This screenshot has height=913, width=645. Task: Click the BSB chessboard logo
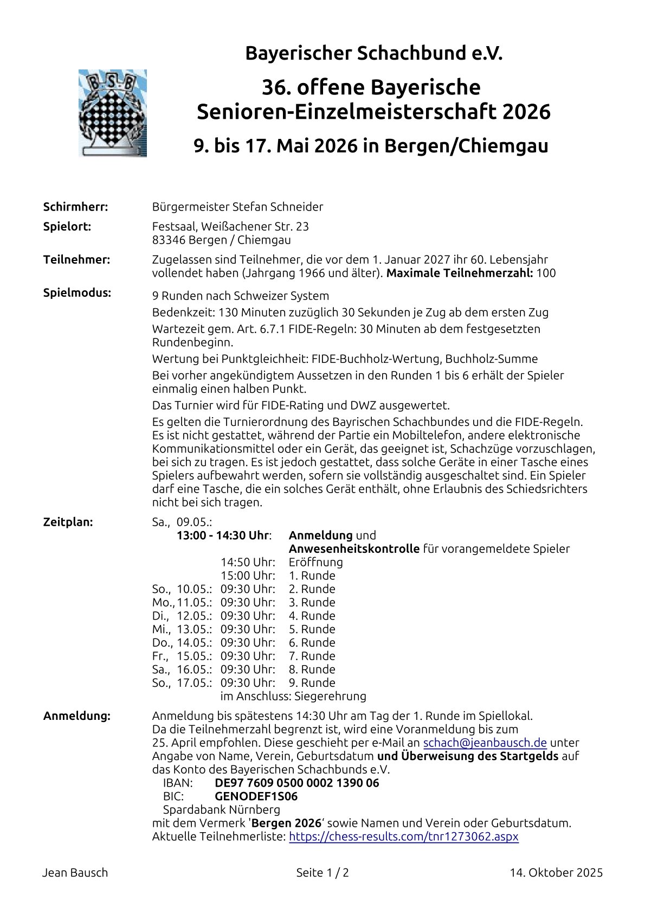[113, 113]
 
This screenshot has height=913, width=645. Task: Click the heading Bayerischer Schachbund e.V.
[373, 53]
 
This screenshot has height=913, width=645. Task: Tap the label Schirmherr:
[75, 207]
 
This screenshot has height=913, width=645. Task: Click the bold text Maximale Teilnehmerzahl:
[460, 273]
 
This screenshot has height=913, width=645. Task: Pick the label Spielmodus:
[77, 293]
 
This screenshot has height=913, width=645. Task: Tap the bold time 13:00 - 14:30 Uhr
[223, 535]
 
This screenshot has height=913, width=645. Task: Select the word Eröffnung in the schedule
[315, 562]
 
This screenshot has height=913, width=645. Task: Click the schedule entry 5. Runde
[312, 629]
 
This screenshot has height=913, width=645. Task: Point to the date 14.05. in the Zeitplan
[194, 642]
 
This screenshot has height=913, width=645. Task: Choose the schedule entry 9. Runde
[312, 682]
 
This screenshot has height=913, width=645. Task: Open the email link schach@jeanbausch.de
[485, 743]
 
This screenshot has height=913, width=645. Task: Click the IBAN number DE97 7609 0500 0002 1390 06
[296, 783]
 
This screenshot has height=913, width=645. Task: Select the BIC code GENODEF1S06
[256, 796]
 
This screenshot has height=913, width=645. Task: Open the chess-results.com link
[403, 837]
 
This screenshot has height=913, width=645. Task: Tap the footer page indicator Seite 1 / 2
[322, 873]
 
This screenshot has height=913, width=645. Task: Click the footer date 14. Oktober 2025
[556, 873]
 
